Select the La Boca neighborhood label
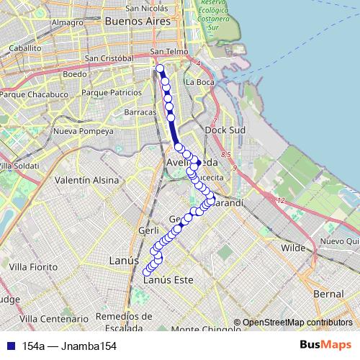[x=199, y=82]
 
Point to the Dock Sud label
[x=226, y=130]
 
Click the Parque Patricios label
[x=112, y=93]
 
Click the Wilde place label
[x=293, y=247]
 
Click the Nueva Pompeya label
[x=84, y=131]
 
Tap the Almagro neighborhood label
[x=68, y=22]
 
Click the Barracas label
[x=140, y=113]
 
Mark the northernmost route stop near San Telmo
[x=161, y=69]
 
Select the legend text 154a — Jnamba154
[x=70, y=346]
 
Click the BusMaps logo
[x=325, y=346]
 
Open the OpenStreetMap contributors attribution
[x=297, y=323]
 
